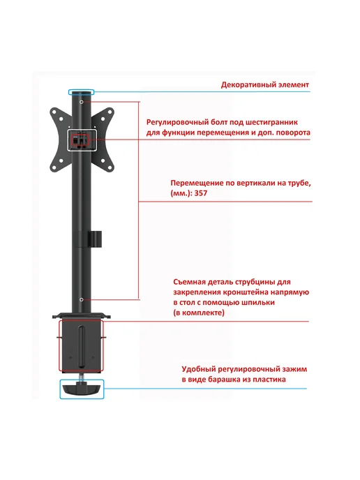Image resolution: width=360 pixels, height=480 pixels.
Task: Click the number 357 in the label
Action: click(x=201, y=193)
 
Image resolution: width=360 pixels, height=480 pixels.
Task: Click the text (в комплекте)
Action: click(x=199, y=313)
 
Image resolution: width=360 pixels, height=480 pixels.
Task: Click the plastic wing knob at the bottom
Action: click(x=82, y=389)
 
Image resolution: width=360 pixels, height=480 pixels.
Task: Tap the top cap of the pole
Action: click(x=81, y=92)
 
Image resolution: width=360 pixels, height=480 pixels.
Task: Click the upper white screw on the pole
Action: click(x=81, y=102)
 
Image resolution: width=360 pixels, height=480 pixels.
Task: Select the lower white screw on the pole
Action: click(x=81, y=300)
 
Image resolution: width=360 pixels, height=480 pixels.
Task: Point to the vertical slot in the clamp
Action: click(x=81, y=347)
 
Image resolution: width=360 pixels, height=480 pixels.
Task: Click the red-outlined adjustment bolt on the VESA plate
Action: click(x=80, y=140)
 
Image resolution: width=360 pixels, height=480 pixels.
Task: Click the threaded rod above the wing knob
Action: click(x=82, y=377)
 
